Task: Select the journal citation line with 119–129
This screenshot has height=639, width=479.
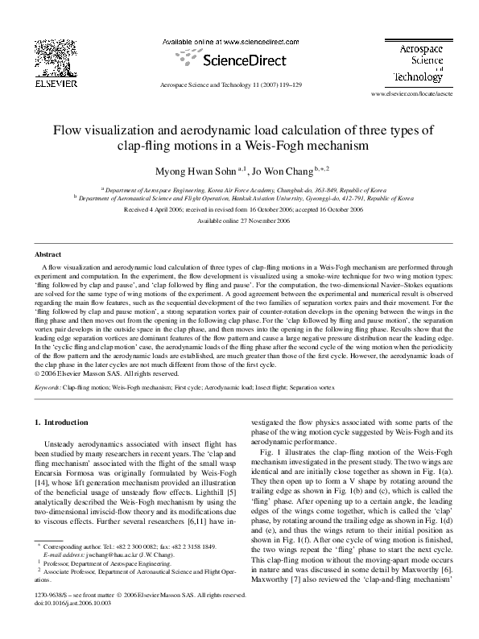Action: point(231,84)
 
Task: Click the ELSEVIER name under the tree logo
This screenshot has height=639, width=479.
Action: point(55,82)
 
